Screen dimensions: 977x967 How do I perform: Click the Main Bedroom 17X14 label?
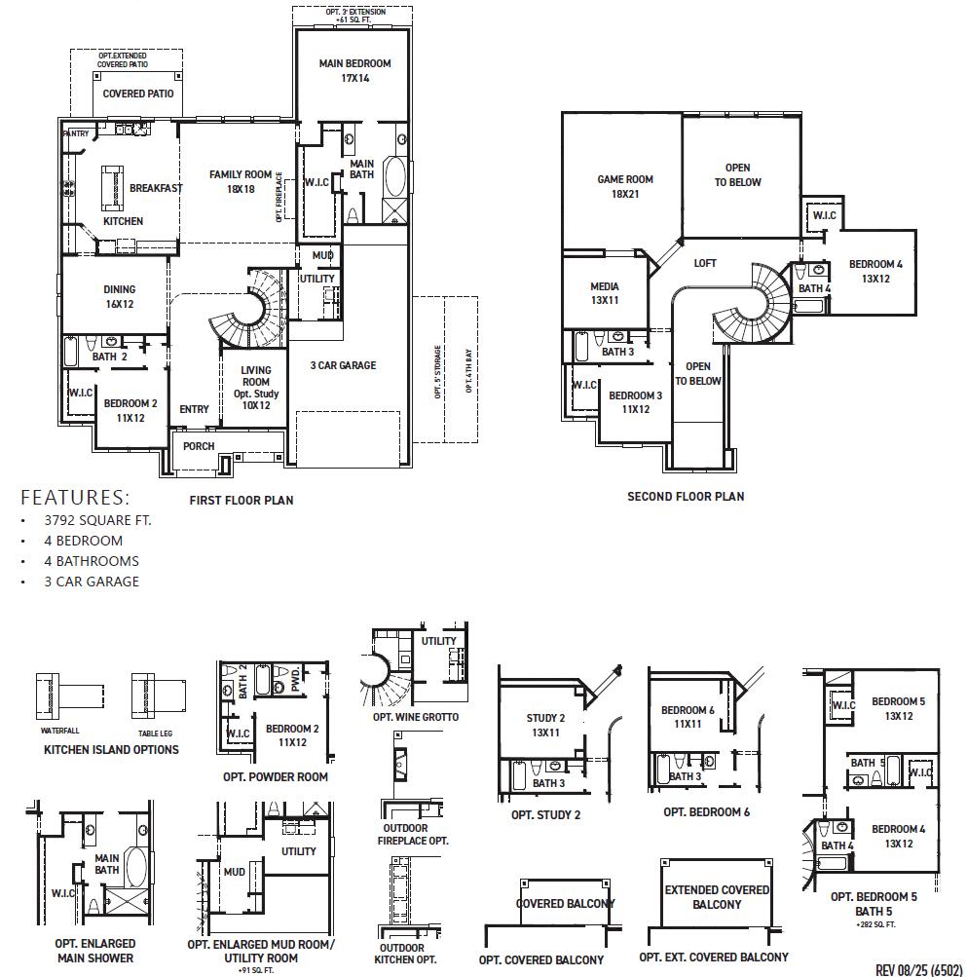click(354, 71)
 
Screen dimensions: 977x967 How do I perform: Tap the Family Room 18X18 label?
click(240, 182)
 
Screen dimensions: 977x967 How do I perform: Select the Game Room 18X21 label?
click(624, 186)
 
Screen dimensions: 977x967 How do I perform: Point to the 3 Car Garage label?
click(343, 365)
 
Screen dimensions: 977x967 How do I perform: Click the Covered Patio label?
click(138, 94)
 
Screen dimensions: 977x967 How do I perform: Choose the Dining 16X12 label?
click(120, 296)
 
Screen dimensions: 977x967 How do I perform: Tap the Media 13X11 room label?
click(605, 294)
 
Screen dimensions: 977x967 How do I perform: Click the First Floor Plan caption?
click(241, 501)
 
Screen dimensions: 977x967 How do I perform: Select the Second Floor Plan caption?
click(686, 497)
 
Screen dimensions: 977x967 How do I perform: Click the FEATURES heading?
click(75, 497)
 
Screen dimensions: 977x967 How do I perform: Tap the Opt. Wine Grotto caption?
click(415, 717)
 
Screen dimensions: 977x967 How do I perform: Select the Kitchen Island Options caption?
click(111, 750)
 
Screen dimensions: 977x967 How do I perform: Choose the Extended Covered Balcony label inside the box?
click(717, 897)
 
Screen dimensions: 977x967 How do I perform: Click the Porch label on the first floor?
click(199, 446)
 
